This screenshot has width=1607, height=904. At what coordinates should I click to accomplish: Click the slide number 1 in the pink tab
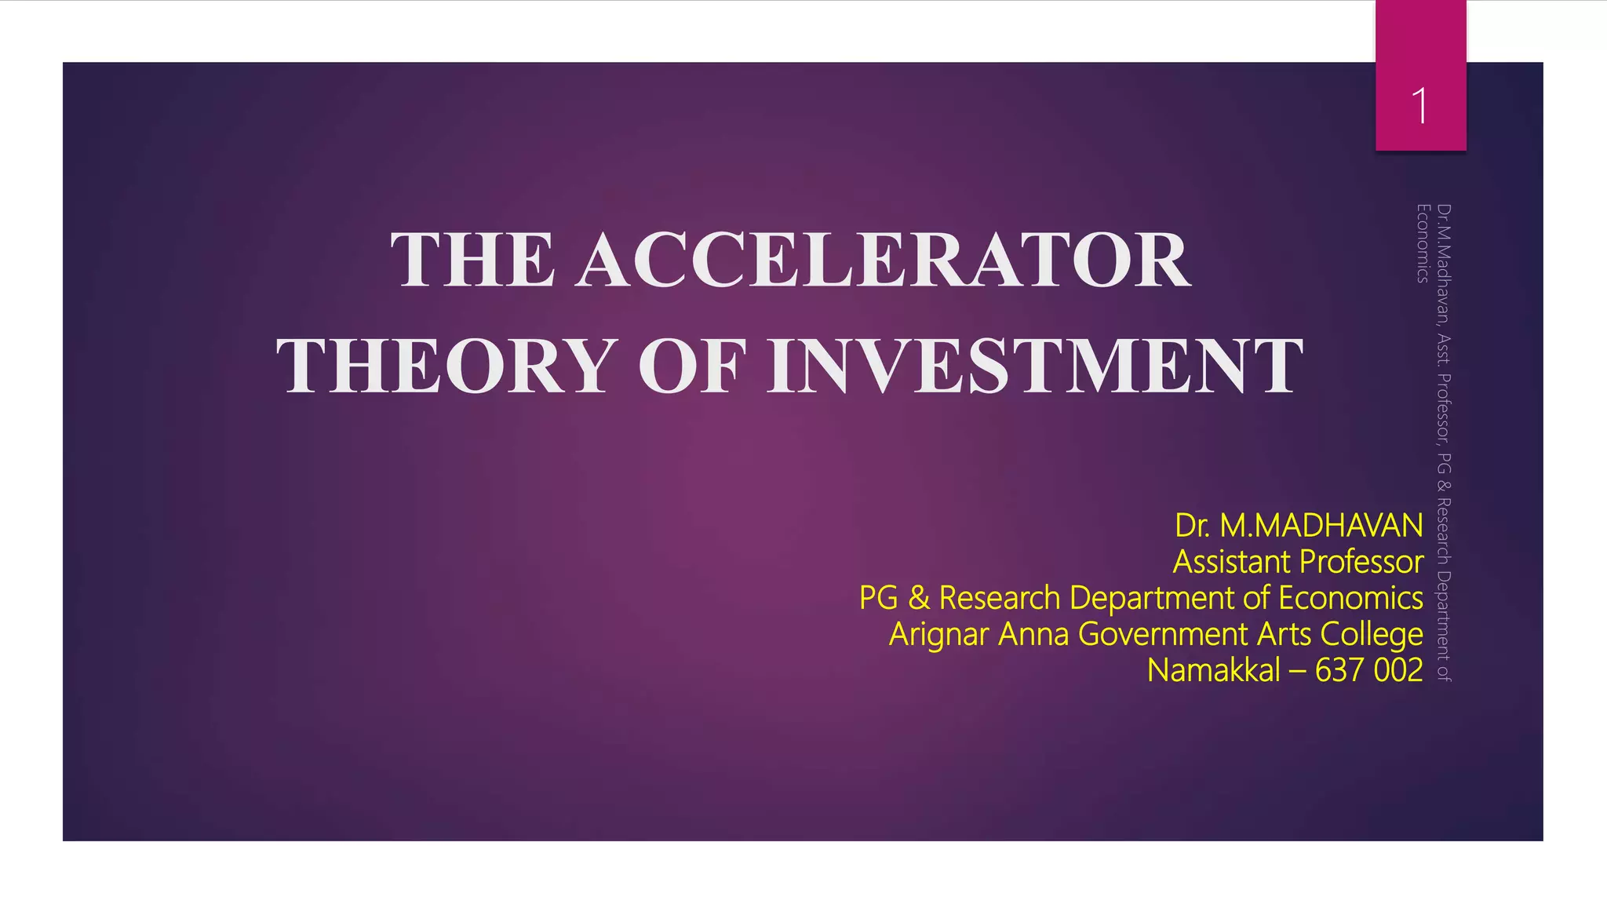click(x=1419, y=106)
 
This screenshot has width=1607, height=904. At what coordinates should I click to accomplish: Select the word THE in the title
click(x=472, y=260)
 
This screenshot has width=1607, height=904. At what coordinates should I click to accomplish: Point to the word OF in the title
click(x=691, y=366)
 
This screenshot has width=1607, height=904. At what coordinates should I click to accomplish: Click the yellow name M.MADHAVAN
click(x=1321, y=525)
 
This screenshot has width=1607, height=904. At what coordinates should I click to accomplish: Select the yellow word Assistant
click(x=1232, y=562)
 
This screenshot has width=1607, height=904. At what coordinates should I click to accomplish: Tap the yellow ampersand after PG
click(x=918, y=598)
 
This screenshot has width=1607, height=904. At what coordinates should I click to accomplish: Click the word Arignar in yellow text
click(x=938, y=634)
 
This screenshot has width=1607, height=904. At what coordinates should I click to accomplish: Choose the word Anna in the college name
click(x=1033, y=634)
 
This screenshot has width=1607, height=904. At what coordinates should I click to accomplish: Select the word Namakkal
click(x=1213, y=670)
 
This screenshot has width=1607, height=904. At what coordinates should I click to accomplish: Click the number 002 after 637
click(x=1398, y=670)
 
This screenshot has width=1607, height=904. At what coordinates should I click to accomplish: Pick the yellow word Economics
click(x=1350, y=598)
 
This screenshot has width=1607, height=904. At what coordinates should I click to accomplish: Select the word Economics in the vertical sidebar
click(x=1422, y=243)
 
